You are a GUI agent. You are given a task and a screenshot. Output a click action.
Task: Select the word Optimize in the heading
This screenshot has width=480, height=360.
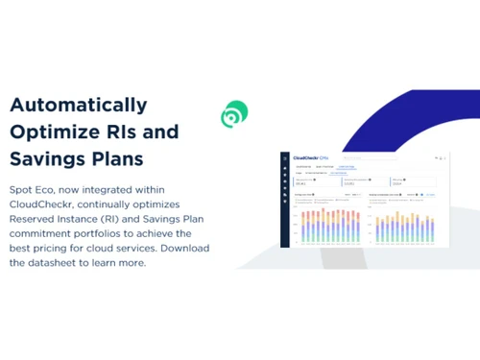[50, 132]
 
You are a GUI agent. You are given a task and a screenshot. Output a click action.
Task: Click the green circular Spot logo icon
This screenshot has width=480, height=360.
[233, 115]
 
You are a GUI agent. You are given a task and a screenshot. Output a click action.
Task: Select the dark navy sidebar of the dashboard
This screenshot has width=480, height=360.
[285, 202]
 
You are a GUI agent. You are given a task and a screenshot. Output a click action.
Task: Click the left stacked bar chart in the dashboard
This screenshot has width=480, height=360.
[331, 224]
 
